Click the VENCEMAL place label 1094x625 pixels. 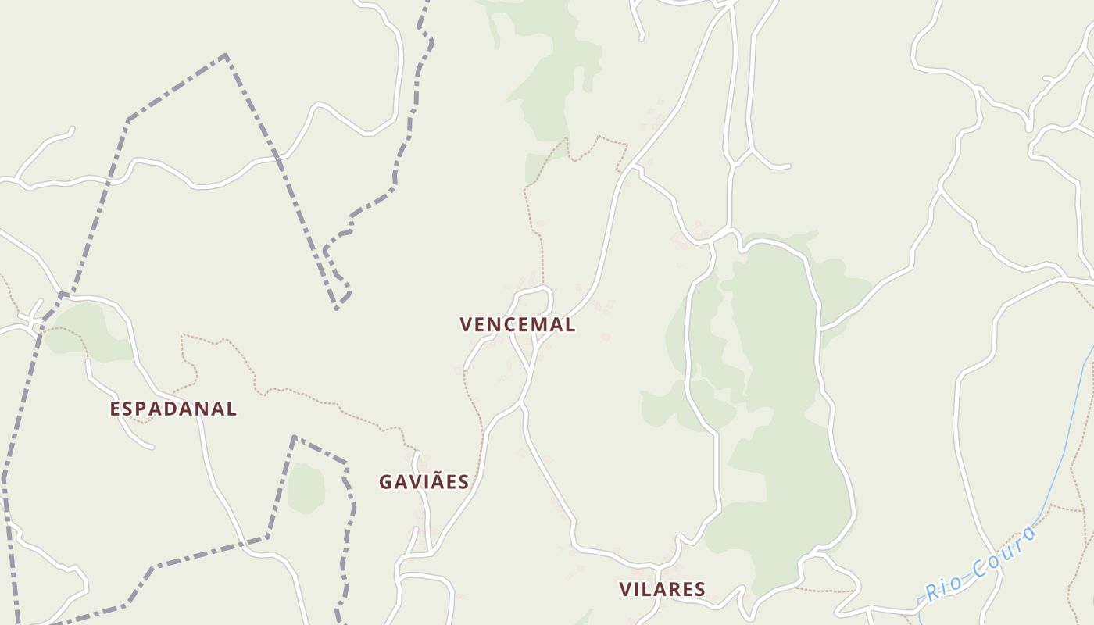point(517,325)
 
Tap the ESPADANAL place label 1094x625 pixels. point(173,409)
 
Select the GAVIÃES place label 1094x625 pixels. point(424,482)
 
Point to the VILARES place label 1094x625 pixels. point(663,589)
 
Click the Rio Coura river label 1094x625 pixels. point(982,562)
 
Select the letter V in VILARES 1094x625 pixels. point(626,589)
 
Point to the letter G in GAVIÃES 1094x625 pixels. point(386,482)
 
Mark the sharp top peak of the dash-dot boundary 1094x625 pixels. point(226,55)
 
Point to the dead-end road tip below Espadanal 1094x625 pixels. point(152,448)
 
